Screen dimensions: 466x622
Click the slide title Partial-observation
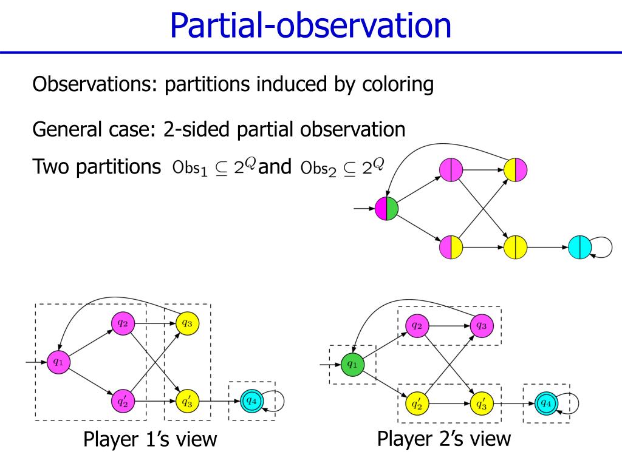click(x=310, y=25)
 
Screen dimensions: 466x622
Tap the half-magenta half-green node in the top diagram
click(x=386, y=209)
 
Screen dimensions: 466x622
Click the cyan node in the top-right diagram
click(x=580, y=248)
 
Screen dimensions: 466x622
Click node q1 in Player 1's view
click(x=58, y=362)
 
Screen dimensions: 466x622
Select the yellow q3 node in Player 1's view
click(x=186, y=323)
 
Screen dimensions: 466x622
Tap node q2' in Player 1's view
click(x=122, y=400)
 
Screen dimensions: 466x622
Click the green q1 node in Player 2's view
click(x=352, y=365)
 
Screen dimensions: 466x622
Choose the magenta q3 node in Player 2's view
click(x=481, y=326)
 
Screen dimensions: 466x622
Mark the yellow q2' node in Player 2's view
click(x=417, y=403)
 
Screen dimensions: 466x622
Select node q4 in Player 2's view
click(x=546, y=403)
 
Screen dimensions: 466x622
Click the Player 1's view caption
click(x=150, y=439)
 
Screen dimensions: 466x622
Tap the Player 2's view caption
click(x=444, y=438)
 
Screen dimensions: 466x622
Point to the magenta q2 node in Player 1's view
click(x=122, y=323)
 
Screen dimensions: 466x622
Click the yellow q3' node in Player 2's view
click(x=481, y=403)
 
